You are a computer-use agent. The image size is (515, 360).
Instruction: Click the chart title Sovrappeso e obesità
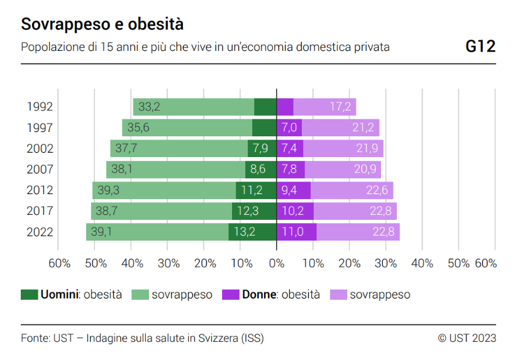pos(102,25)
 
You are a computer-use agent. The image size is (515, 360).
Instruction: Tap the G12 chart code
pos(480,46)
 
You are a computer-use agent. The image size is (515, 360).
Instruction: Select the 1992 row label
pos(40,107)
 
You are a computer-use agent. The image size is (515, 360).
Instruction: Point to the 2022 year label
pos(40,232)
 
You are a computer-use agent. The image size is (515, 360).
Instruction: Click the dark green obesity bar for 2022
pos(252,232)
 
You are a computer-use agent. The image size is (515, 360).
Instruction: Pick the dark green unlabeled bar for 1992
pos(265,107)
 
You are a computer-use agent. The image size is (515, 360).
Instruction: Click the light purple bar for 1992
pos(324,107)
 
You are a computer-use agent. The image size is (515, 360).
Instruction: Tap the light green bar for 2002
pos(179,148)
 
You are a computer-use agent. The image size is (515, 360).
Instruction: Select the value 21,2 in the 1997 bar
pos(363,128)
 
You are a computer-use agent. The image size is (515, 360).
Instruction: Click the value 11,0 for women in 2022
pos(292,232)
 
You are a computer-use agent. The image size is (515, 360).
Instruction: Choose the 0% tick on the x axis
pos(276,263)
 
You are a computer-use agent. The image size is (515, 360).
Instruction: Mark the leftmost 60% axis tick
pos(59,263)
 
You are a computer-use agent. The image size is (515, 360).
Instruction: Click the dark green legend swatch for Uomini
pos(30,294)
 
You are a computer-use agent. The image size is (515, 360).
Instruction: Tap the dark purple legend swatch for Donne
pos(231,294)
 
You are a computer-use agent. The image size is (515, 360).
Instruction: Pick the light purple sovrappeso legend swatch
pos(338,294)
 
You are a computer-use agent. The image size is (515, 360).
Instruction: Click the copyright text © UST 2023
pos(467,338)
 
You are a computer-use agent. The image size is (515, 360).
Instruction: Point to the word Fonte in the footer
pos(35,338)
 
